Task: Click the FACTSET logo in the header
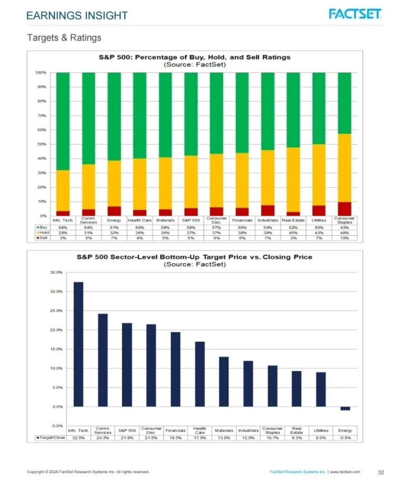355,14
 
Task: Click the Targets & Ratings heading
64,37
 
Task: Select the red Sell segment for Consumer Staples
344,209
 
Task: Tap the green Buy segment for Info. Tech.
63,121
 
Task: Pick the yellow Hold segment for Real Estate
293,179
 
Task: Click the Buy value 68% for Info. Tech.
63,227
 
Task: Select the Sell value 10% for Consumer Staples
344,238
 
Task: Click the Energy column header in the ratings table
114,220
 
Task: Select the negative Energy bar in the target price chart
345,408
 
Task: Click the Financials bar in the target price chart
175,369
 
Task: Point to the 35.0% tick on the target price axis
55,272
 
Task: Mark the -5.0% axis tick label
55,426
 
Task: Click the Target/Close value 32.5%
78,437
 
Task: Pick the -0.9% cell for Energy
345,437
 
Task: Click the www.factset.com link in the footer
345,471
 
